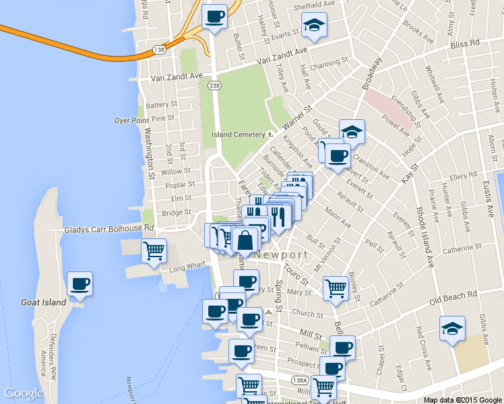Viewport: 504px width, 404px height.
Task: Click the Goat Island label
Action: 44,302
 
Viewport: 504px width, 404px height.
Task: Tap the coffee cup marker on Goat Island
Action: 80,284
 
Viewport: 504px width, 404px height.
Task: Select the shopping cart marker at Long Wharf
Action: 154,251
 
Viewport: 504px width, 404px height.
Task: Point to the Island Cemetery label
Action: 239,134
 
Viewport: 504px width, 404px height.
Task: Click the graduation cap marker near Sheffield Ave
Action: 314,25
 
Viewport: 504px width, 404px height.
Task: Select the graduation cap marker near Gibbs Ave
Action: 451,328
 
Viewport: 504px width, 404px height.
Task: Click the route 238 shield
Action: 214,86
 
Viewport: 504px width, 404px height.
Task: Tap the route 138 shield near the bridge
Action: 159,50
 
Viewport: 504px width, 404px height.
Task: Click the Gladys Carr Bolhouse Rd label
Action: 109,230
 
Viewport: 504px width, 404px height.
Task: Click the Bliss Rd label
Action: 464,43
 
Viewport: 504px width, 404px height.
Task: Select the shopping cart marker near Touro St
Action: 336,288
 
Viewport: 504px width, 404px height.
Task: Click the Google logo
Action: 24,393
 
